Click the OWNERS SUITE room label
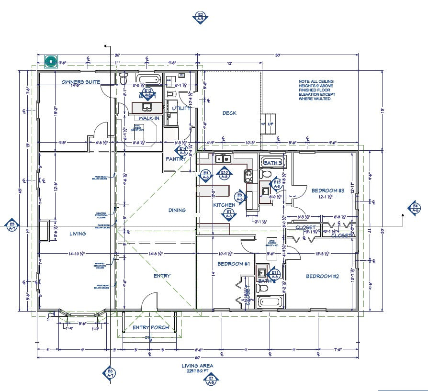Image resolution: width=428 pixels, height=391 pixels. point(81,82)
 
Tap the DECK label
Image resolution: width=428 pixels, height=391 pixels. point(229,113)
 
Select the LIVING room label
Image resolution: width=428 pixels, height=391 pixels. point(77,234)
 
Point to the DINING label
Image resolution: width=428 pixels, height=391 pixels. point(177,210)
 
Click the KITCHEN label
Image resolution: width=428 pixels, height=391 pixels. point(224,205)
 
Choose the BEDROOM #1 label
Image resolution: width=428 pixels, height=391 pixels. point(234,264)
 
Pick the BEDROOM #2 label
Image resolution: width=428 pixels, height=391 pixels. point(322,276)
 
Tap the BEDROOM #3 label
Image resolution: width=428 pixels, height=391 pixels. point(328,191)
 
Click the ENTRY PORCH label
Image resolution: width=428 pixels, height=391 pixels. point(150,328)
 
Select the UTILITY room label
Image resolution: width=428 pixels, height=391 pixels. point(181,108)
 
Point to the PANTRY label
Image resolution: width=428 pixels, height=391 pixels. point(175,158)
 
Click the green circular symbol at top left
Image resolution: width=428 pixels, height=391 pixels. point(51,61)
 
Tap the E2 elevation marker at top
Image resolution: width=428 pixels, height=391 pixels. point(200,17)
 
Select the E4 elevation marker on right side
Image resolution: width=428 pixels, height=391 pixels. point(415,208)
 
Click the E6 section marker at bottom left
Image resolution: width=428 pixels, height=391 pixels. point(110,373)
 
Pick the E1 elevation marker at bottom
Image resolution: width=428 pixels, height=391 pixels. point(211,380)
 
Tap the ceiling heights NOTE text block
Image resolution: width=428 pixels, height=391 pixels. point(317,88)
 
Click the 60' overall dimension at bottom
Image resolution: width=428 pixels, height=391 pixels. point(197,357)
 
